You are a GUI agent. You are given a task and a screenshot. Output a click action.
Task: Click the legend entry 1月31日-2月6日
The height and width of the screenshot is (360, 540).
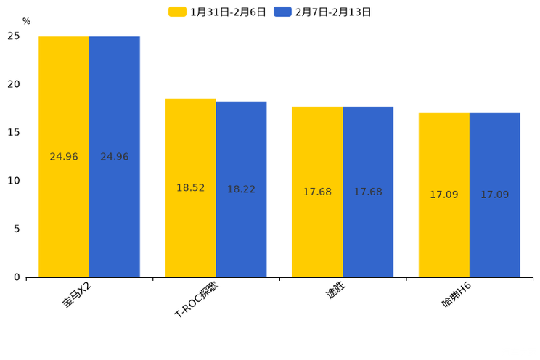tap(218, 12)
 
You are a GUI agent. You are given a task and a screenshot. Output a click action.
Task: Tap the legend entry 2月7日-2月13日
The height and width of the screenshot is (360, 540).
tap(324, 12)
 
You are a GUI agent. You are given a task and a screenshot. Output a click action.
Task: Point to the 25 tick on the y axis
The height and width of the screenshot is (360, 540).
tap(14, 36)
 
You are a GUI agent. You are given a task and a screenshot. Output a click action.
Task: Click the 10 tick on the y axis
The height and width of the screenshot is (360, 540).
tap(14, 181)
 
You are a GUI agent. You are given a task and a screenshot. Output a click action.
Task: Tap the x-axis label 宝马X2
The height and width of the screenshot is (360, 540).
tap(77, 295)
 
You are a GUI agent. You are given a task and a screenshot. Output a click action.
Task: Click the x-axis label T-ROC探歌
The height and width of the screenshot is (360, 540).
tap(197, 300)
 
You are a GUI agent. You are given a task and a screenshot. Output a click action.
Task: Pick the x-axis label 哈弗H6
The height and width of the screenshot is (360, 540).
tap(457, 295)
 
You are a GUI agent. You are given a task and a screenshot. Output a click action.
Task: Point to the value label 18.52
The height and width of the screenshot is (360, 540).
tap(190, 188)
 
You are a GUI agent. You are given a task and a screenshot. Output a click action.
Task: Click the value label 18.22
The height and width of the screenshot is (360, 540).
tap(241, 189)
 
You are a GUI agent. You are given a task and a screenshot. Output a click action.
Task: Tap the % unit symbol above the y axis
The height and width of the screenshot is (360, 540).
tap(26, 22)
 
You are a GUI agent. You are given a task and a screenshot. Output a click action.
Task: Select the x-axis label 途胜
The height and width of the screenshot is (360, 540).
tap(335, 292)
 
